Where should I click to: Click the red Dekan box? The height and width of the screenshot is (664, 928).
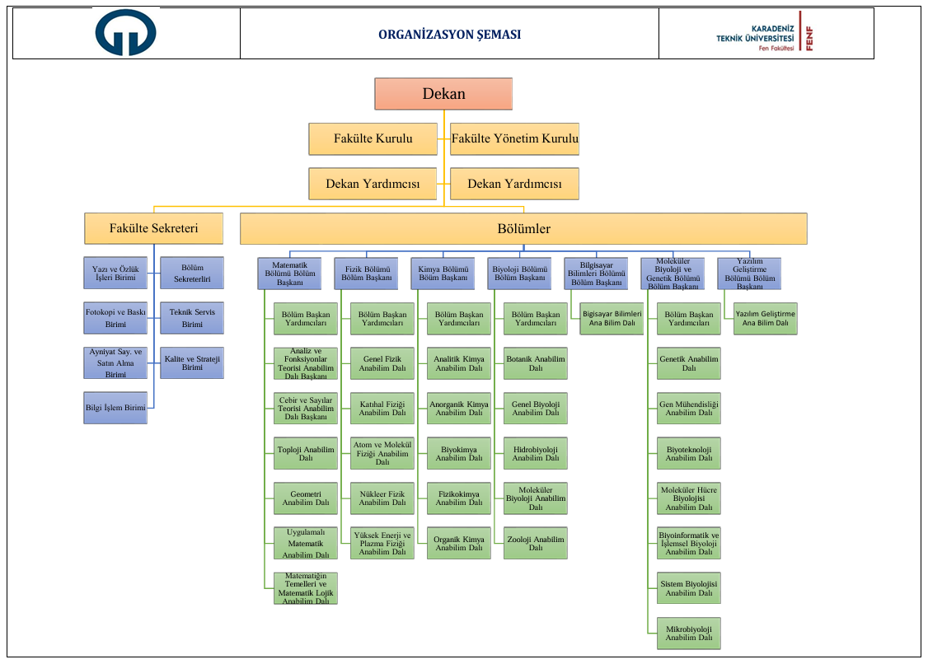coord(443,94)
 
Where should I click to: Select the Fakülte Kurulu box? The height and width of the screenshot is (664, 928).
coord(373,138)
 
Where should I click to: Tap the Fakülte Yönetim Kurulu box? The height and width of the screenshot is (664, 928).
coord(514,138)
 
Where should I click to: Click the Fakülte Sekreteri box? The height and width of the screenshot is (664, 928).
coord(153,228)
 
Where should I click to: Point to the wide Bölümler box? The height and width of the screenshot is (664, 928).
coord(523,228)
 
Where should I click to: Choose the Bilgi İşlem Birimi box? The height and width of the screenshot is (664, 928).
coord(115,407)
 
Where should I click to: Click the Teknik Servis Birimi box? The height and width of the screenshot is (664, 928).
coord(192,318)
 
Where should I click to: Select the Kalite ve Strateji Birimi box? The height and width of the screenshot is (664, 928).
coord(192,362)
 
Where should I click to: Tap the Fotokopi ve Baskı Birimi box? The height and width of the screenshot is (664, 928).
coord(115,318)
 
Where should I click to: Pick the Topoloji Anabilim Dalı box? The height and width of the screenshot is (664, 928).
coord(306,453)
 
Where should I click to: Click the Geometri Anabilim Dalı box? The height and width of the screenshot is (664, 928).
coord(306,498)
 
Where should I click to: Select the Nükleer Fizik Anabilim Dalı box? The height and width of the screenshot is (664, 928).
coord(382,498)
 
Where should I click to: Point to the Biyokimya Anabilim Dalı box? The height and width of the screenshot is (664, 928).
coord(459,453)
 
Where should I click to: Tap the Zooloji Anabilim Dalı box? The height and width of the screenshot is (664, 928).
coord(536,543)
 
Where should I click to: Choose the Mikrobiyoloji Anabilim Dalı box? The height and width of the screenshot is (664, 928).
coord(689,633)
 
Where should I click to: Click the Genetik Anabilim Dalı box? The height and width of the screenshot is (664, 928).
coord(689,363)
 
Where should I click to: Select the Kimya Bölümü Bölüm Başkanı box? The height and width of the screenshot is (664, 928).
coord(443,274)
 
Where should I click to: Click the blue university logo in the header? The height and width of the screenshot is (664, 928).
coord(125,33)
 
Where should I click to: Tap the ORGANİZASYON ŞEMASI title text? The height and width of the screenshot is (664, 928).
coord(449,35)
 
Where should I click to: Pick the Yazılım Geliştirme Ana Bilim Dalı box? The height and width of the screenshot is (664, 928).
coord(766,319)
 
